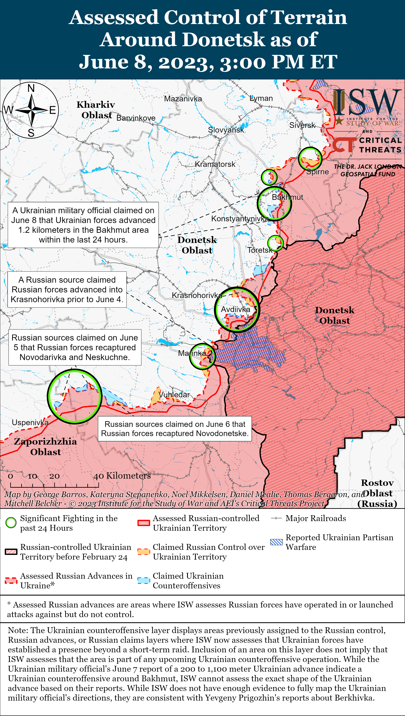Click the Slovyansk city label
[226, 130]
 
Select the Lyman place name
[261, 98]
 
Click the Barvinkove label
[136, 118]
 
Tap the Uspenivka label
[30, 422]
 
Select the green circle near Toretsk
[275, 243]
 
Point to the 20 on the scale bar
[54, 476]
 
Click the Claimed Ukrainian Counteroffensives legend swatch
[144, 581]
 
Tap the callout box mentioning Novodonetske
[175, 429]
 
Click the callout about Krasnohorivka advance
[67, 289]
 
